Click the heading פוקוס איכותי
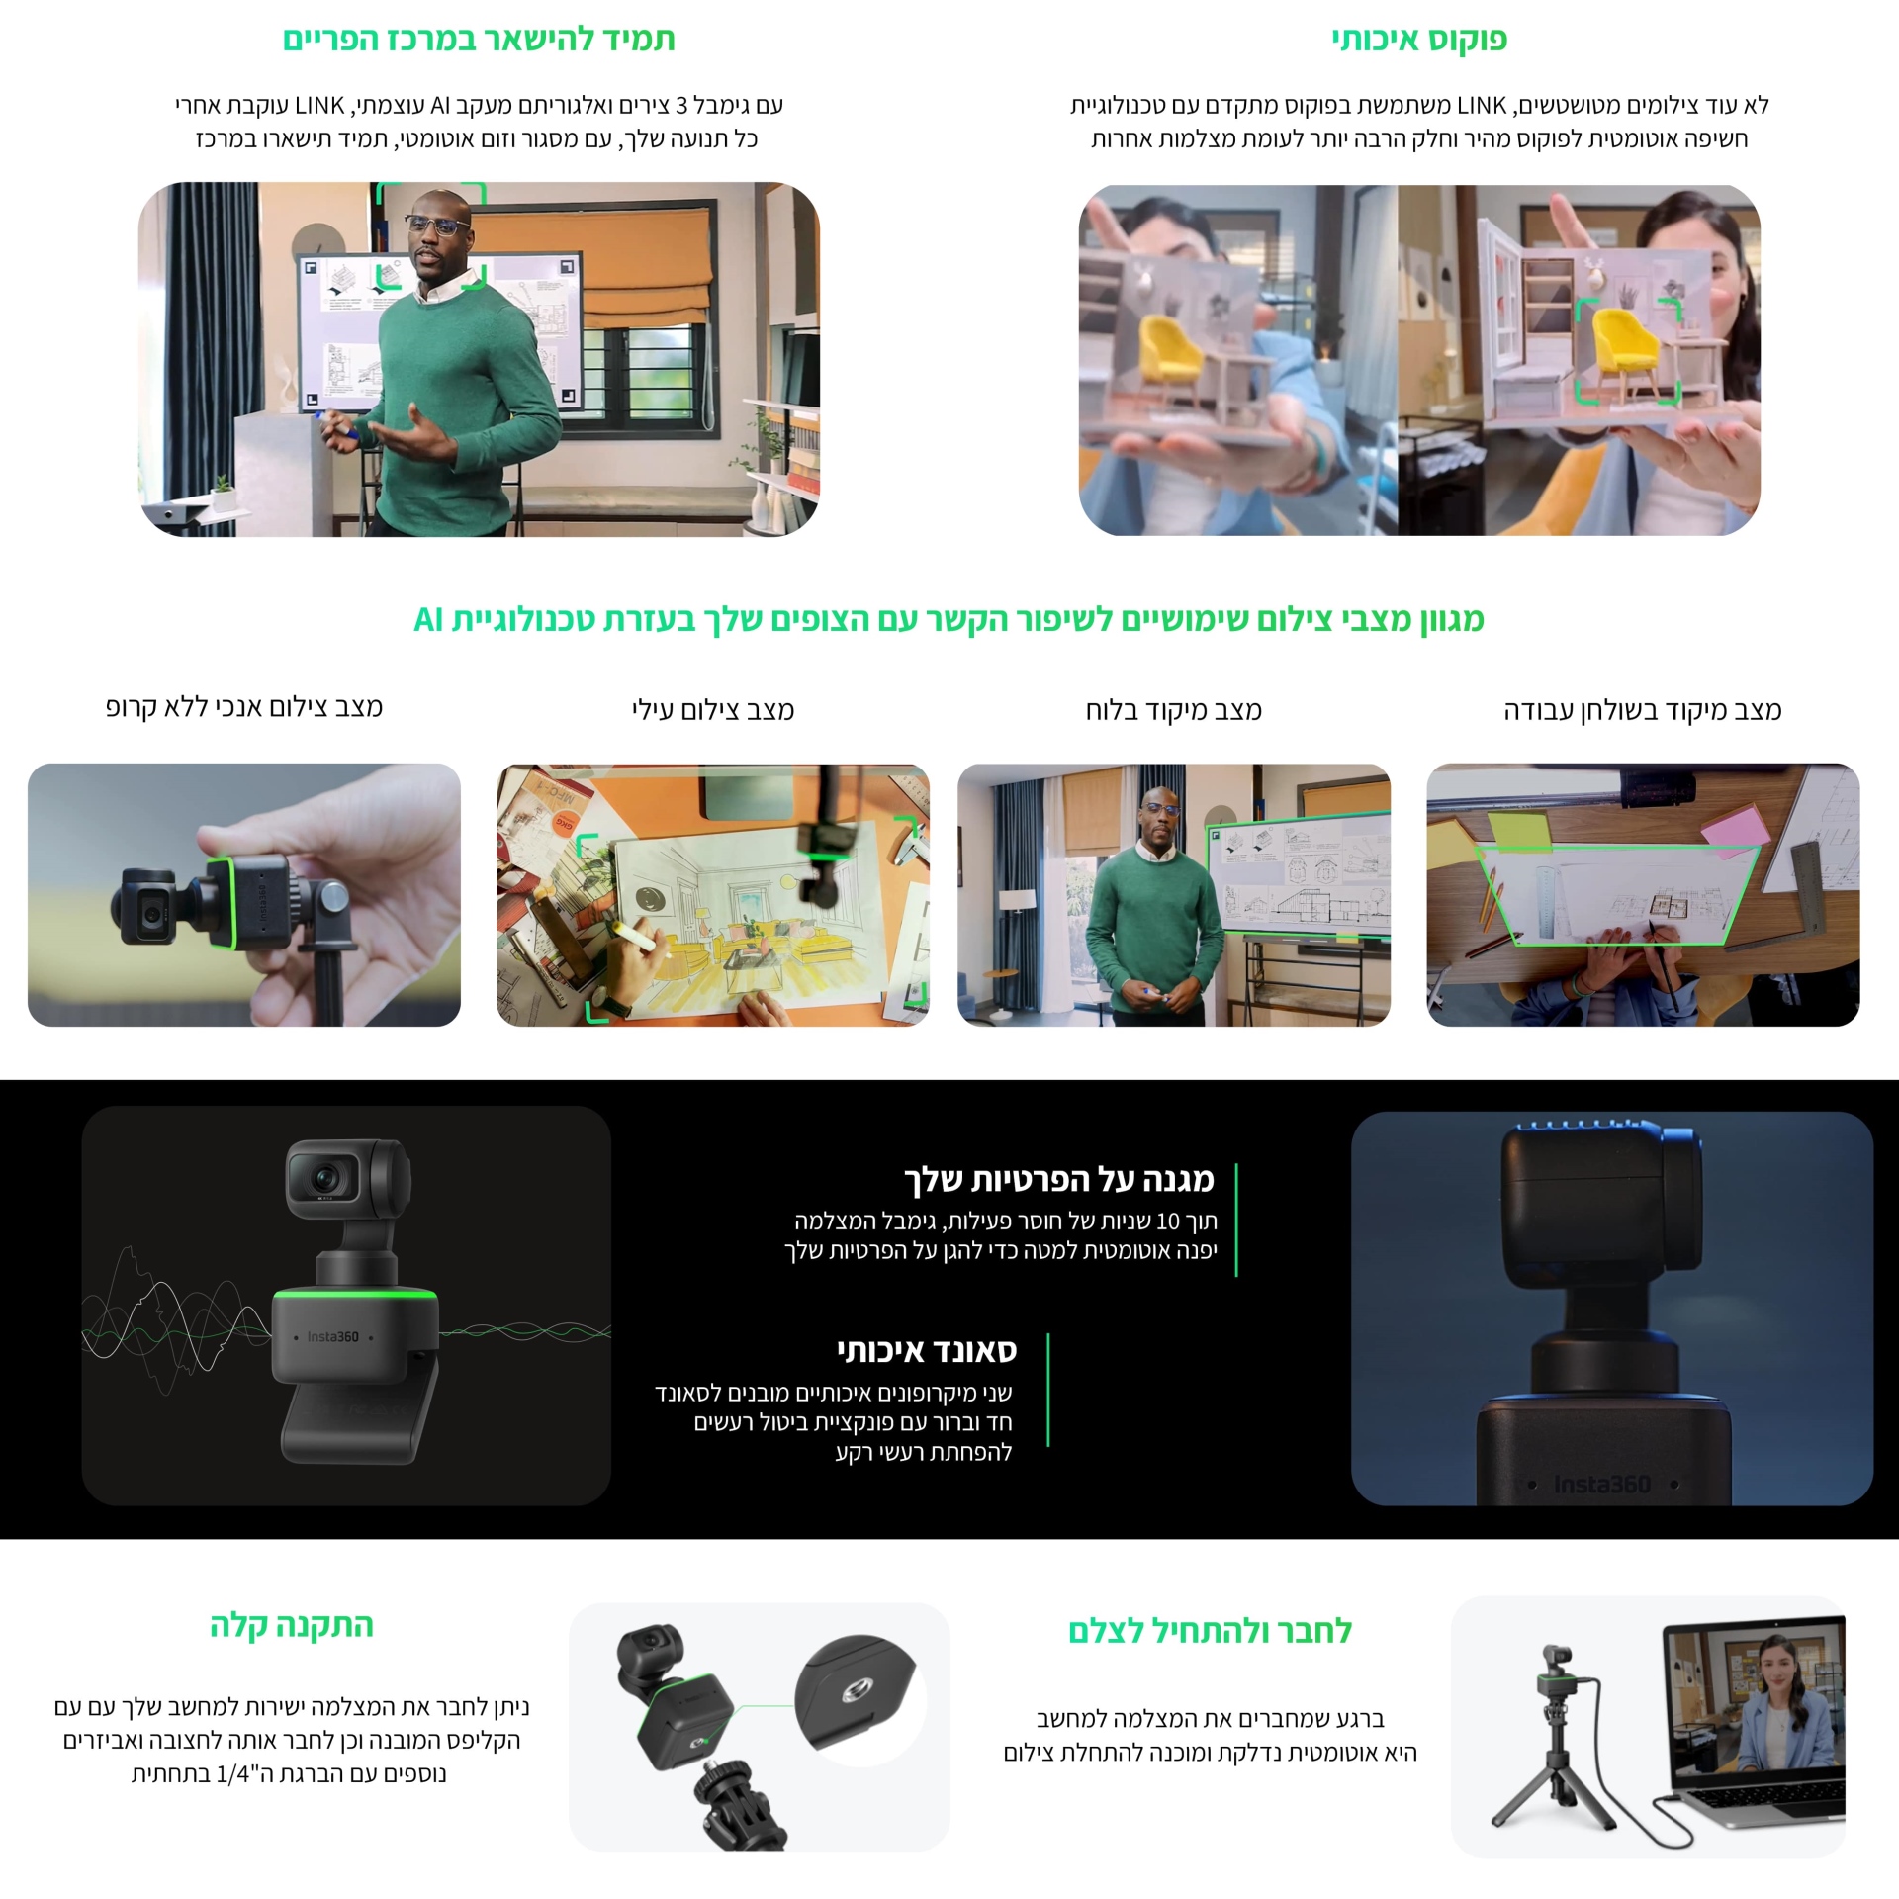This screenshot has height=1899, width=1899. (x=1419, y=40)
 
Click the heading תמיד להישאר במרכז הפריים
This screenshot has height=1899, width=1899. (x=479, y=40)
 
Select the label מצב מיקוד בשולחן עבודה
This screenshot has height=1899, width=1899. (x=1643, y=710)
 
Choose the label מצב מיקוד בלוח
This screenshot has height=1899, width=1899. (x=1174, y=710)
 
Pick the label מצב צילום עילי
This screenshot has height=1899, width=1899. (x=713, y=710)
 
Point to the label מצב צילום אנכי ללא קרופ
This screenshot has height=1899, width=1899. (x=244, y=707)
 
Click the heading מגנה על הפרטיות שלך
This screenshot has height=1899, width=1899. (x=1059, y=1179)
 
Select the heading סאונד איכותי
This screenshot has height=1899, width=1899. (x=927, y=1350)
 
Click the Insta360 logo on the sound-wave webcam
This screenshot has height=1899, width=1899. (x=332, y=1336)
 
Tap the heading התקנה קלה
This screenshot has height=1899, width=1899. (x=292, y=1625)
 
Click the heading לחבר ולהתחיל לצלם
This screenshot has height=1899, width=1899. (x=1210, y=1631)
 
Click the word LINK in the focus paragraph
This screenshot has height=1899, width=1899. (x=1481, y=105)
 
